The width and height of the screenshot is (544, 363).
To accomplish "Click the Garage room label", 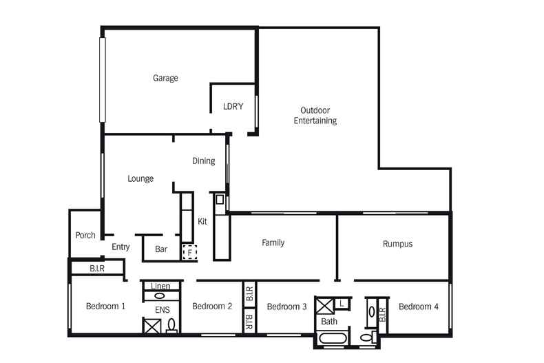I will [x=165, y=78].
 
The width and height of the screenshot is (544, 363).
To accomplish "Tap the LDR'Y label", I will [x=233, y=107].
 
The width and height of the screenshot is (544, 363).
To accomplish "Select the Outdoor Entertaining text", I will [x=315, y=116].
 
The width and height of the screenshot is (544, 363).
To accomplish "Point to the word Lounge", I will [x=140, y=178].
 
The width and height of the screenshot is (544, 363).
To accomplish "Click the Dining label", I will [x=203, y=161].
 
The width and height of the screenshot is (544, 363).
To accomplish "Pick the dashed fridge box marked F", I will [x=189, y=253].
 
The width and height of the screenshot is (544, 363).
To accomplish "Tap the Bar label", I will [x=161, y=249].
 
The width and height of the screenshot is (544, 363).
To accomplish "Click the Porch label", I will [x=85, y=236].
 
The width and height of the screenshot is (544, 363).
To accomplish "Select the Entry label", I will [x=121, y=247].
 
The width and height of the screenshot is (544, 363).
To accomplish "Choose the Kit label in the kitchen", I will [x=202, y=222].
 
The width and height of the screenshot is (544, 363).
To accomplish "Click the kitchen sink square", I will [x=220, y=200].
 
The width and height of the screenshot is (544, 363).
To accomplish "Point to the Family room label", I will [x=273, y=242].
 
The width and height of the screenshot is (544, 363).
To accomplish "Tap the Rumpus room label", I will [x=397, y=244].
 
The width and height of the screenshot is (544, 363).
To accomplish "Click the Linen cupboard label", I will [x=160, y=286].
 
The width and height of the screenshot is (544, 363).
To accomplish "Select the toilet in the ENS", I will [x=171, y=325].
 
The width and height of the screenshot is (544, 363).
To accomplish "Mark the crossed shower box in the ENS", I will [x=151, y=326].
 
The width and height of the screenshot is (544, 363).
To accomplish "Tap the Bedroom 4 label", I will [x=418, y=307].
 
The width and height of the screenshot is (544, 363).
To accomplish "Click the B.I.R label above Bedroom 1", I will [x=97, y=268].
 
